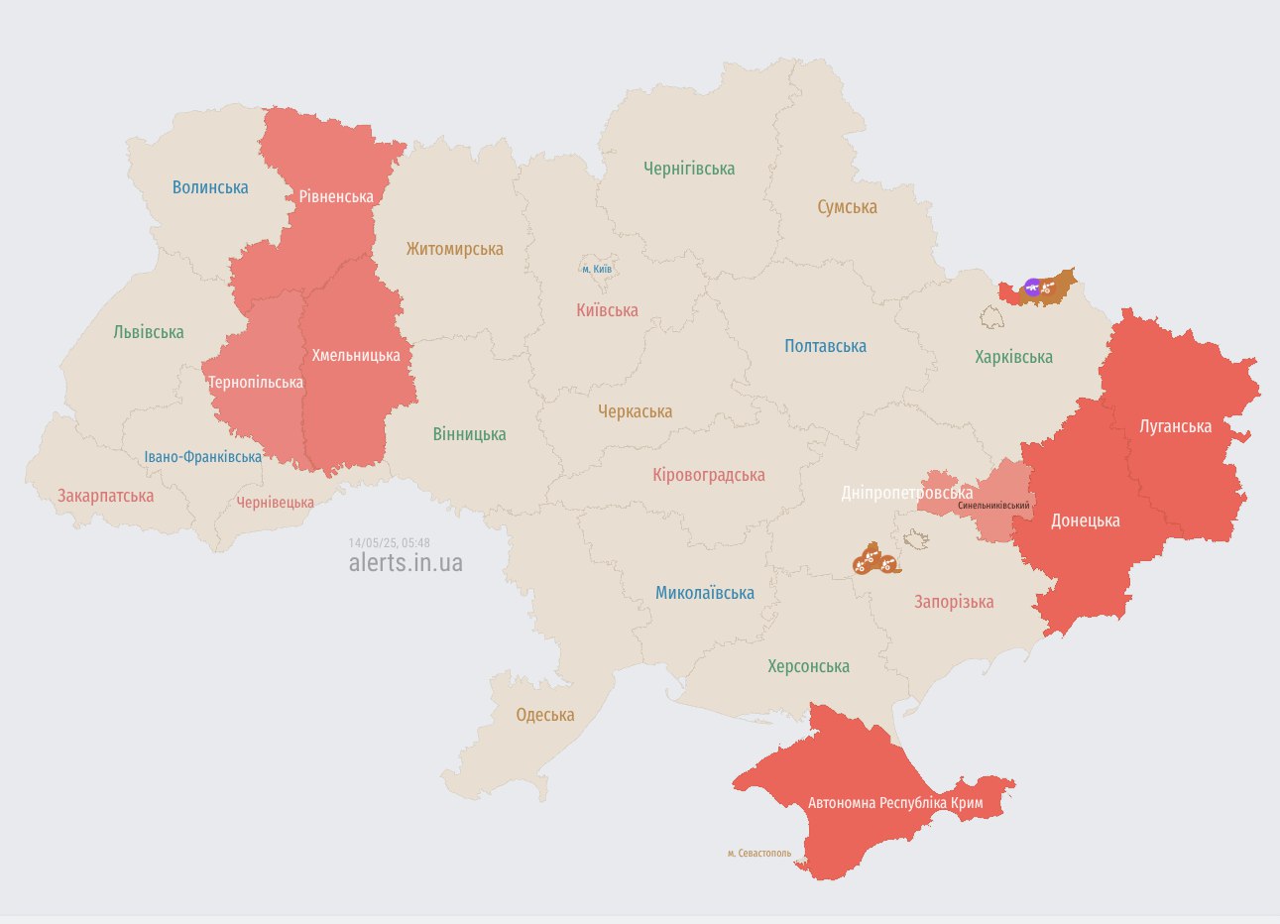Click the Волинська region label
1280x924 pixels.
210,187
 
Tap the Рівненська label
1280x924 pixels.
336,196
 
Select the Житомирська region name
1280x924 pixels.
454,249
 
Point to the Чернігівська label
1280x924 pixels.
689,169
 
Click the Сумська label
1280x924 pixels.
847,206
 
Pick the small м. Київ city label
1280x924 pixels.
597,269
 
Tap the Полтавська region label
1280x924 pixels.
825,346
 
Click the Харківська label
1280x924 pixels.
1013,357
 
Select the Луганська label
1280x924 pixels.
1175,426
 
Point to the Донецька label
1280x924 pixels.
1085,520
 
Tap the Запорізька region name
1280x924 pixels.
954,602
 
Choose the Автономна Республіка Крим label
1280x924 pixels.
895,802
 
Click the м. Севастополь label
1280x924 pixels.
759,853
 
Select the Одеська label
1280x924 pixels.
545,715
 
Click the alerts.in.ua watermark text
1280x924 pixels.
406,563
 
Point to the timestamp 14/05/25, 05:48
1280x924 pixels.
389,542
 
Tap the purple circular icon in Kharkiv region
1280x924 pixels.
1032,288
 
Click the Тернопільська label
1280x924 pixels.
255,383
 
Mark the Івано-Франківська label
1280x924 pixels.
203,457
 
